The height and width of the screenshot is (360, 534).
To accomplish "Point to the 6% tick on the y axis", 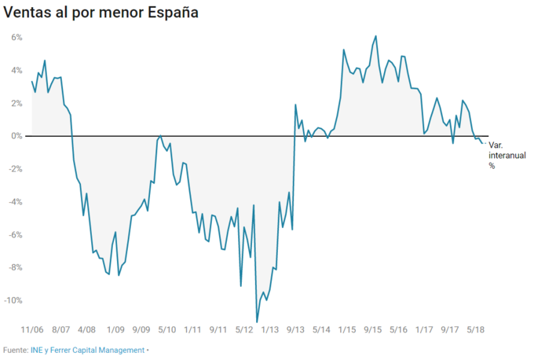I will (16, 38).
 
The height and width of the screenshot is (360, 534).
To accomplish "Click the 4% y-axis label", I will (16, 71).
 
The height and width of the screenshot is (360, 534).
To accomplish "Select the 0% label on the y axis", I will (16, 136).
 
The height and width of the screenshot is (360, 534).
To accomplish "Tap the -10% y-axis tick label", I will (13, 301).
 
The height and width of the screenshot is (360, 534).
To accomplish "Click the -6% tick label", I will (15, 235).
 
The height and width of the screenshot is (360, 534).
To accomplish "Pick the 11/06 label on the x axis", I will (32, 330).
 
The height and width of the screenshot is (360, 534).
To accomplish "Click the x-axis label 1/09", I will (115, 330).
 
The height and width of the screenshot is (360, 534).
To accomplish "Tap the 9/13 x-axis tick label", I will (296, 330).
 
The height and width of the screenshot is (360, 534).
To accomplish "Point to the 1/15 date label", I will (347, 330).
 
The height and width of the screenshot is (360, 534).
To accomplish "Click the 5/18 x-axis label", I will (476, 330).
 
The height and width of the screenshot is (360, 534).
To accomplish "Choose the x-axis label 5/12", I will (244, 330).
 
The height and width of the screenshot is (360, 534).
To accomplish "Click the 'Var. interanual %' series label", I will (506, 155).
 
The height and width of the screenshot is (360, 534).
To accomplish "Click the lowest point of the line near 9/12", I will (257, 321).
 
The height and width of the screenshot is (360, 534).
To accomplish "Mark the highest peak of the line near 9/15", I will (376, 36).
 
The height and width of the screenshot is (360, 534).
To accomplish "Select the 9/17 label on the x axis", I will (450, 330).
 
